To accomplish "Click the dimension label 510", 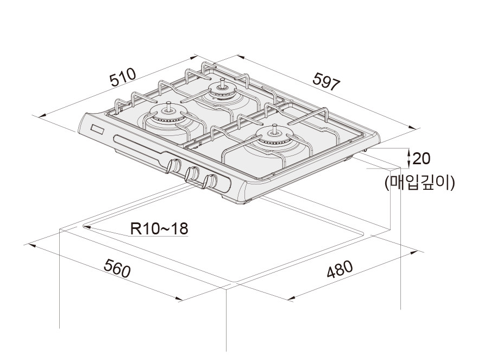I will click(x=122, y=78).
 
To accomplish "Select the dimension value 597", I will click(x=327, y=81).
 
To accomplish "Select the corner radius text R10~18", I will click(x=160, y=228).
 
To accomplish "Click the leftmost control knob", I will click(x=174, y=166).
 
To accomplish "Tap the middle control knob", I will click(x=192, y=174).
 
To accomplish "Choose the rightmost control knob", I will click(x=209, y=182).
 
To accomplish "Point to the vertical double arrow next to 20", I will click(x=409, y=158).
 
